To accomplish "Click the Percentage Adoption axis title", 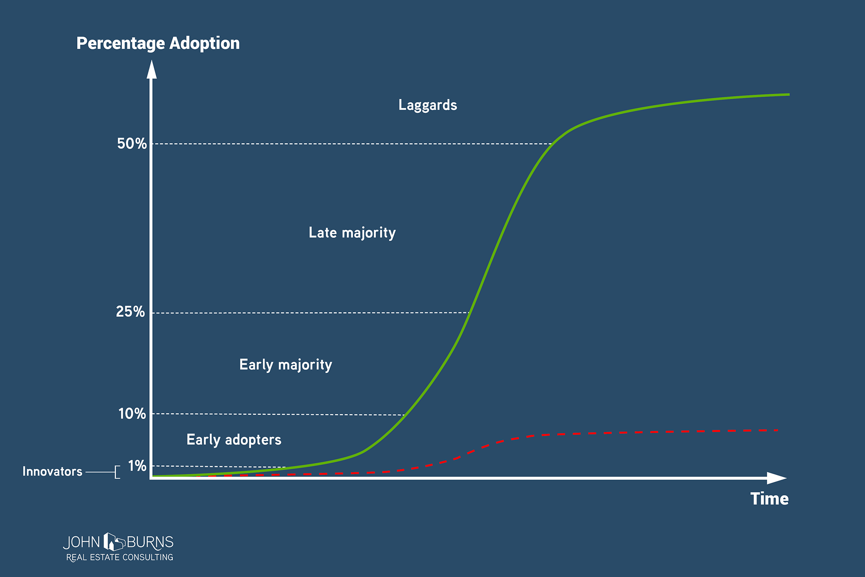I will (x=158, y=43).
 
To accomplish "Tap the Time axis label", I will (x=769, y=499).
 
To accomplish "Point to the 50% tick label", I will (x=132, y=144).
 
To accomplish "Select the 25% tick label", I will (x=130, y=311).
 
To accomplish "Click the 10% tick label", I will (x=132, y=413).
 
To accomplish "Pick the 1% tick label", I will (x=137, y=466).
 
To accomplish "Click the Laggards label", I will (x=428, y=105).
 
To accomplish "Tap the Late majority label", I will (x=352, y=233).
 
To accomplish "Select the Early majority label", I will (x=285, y=365).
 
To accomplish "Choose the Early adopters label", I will (x=234, y=440).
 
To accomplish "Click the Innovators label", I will (x=52, y=472).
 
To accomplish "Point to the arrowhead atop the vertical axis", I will (x=152, y=70).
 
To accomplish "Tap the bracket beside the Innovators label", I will (x=117, y=472).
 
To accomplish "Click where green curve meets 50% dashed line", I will (x=552, y=144).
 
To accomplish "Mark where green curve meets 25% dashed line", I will (x=469, y=312).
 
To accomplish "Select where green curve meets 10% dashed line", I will (x=405, y=415).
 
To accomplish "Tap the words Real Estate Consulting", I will (x=120, y=558).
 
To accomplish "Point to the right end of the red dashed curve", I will (x=777, y=430).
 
